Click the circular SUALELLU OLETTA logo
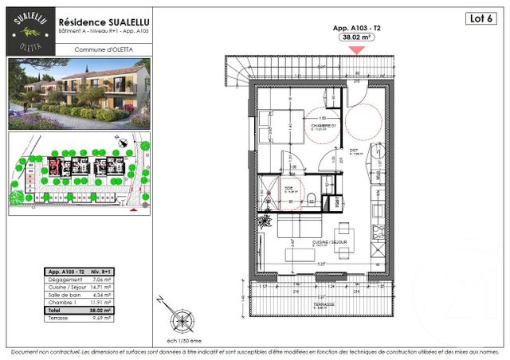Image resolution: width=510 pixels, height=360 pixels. point(29,30)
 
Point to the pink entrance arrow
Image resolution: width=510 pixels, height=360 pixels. point(358,49)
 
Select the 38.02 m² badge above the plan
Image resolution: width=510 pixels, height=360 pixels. point(358,37)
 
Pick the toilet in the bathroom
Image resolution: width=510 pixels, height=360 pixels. point(313,198)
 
